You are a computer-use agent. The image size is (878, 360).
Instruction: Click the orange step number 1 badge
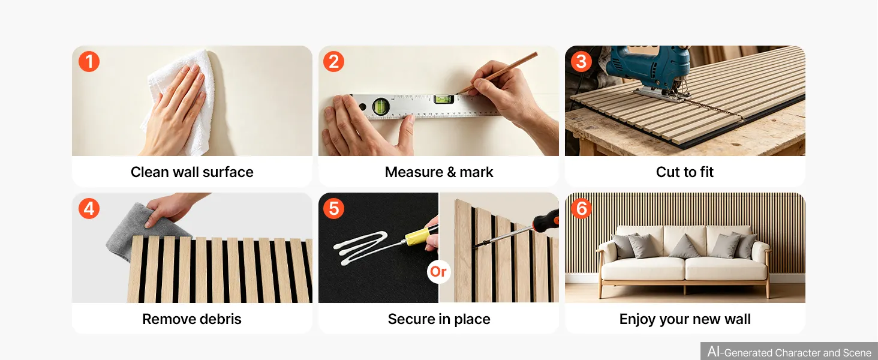pyautogui.click(x=89, y=62)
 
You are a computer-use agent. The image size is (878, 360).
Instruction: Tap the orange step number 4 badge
pyautogui.click(x=89, y=208)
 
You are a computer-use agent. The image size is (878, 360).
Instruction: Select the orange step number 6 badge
pyautogui.click(x=581, y=208)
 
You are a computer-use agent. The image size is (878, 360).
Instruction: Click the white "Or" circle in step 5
pyautogui.click(x=438, y=271)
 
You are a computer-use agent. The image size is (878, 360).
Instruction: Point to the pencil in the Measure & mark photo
pyautogui.click(x=497, y=73)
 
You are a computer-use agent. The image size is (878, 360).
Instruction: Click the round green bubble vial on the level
pyautogui.click(x=381, y=106)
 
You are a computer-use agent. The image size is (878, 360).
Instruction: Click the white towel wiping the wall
pyautogui.click(x=181, y=102)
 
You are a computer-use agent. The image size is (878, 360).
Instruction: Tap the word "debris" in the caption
pyautogui.click(x=221, y=319)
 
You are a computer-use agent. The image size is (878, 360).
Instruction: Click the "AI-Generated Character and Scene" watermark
pyautogui.click(x=789, y=352)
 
